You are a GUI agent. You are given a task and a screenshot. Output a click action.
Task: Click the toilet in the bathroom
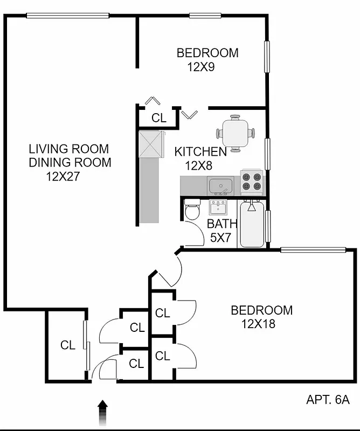[192, 210]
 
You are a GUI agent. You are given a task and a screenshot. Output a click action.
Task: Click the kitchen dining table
[236, 133]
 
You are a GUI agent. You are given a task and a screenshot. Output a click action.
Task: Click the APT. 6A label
[328, 400]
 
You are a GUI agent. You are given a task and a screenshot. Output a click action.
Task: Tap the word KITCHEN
[200, 152]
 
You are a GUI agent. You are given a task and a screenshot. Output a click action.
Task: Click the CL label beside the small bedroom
[159, 119]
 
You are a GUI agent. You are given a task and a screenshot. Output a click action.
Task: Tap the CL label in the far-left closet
[68, 345]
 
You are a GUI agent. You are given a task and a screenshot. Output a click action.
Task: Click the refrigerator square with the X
[151, 144]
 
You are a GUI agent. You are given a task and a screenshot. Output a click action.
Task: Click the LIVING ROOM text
[68, 149]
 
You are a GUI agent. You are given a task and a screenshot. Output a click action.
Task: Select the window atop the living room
[68, 15]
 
